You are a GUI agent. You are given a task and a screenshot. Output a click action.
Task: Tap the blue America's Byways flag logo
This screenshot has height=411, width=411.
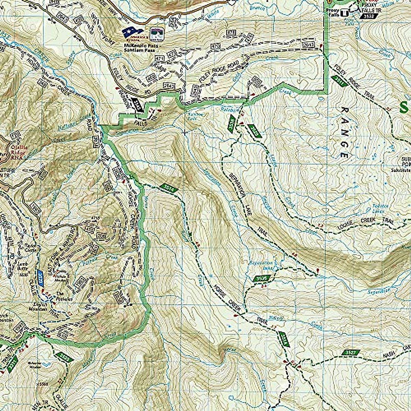133,33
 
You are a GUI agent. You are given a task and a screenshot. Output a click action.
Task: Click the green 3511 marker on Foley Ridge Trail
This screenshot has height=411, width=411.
339,79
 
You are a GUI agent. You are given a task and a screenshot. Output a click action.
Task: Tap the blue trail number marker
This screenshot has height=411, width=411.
41,277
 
